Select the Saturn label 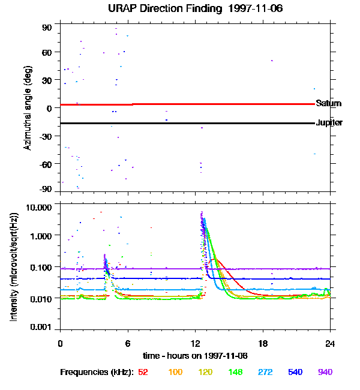pyautogui.click(x=328, y=104)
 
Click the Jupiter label pyautogui.click(x=329, y=123)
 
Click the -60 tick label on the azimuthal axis pyautogui.click(x=46, y=163)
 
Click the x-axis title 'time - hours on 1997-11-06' pyautogui.click(x=196, y=355)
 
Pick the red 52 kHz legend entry pyautogui.click(x=143, y=372)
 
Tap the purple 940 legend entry pyautogui.click(x=325, y=372)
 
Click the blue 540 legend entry pyautogui.click(x=295, y=372)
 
